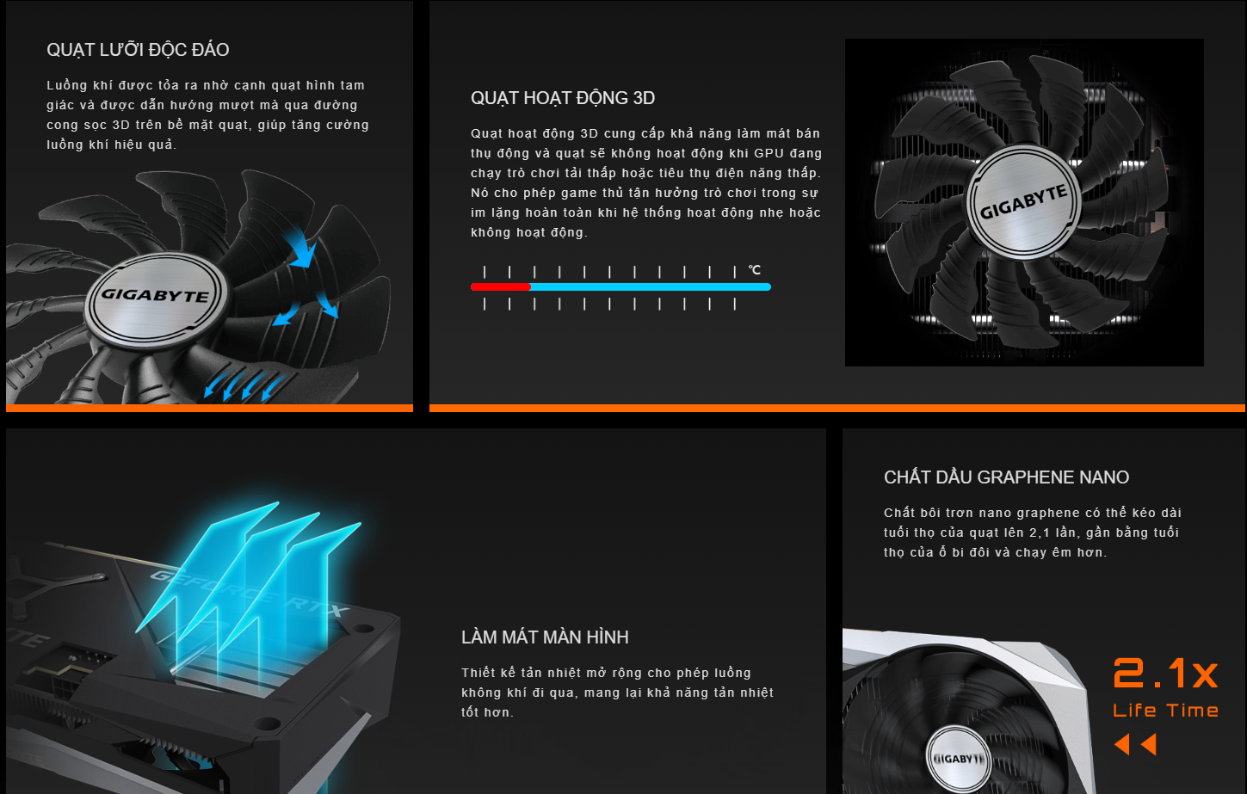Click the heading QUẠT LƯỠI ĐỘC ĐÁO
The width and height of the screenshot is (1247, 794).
pyautogui.click(x=138, y=50)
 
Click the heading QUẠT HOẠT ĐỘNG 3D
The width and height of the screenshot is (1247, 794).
pyautogui.click(x=563, y=98)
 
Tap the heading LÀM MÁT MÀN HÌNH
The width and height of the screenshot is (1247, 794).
pyautogui.click(x=545, y=637)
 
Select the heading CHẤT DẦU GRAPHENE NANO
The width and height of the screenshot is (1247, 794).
pyautogui.click(x=1006, y=477)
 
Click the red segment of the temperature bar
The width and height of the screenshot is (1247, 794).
pyautogui.click(x=500, y=286)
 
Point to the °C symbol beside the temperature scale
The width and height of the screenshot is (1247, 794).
pyautogui.click(x=754, y=270)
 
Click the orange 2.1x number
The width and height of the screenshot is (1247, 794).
pyautogui.click(x=1165, y=673)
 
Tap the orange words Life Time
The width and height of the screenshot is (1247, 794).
pyautogui.click(x=1165, y=711)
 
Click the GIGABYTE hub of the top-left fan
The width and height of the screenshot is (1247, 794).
pyautogui.click(x=156, y=296)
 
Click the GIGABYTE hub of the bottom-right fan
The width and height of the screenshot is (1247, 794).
pyautogui.click(x=958, y=759)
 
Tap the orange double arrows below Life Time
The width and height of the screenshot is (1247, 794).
pyautogui.click(x=1135, y=744)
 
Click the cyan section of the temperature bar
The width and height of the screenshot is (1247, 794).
pyautogui.click(x=650, y=286)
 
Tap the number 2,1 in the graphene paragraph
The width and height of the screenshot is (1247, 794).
pyautogui.click(x=1040, y=532)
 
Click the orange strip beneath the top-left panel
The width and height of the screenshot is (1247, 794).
pyautogui.click(x=209, y=408)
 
